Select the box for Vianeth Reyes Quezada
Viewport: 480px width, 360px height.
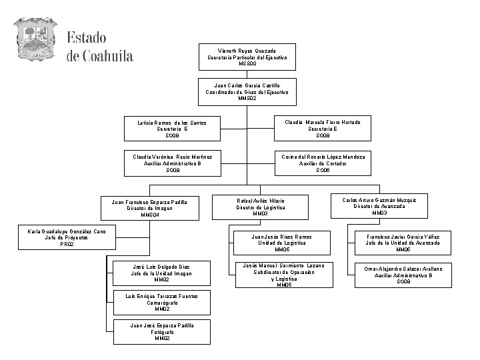point(247,57)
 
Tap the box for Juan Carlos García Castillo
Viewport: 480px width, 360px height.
point(247,92)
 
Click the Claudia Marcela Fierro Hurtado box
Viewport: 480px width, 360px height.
point(323,129)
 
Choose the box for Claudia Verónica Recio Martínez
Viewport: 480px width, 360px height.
point(173,163)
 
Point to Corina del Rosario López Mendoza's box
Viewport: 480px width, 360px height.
point(323,163)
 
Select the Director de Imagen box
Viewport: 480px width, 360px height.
point(149,208)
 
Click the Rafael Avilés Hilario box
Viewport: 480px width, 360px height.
point(261,207)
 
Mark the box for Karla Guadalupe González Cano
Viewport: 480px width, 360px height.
point(67,237)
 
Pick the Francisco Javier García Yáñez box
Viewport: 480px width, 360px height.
point(403,243)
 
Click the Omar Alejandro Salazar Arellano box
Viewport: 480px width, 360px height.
point(403,275)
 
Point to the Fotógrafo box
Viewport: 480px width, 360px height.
point(161,332)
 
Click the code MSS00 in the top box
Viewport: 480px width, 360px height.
point(247,65)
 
